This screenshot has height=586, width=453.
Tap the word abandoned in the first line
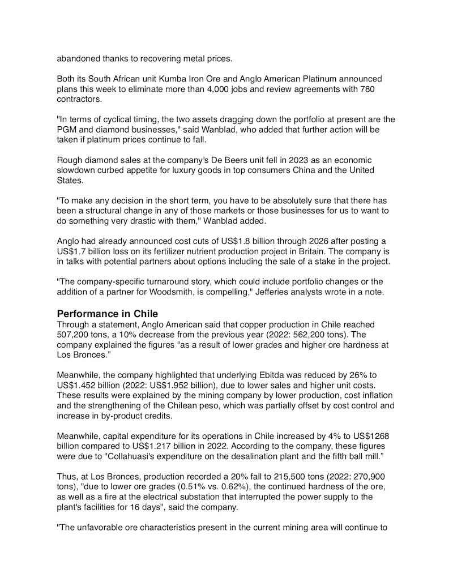coord(79,58)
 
